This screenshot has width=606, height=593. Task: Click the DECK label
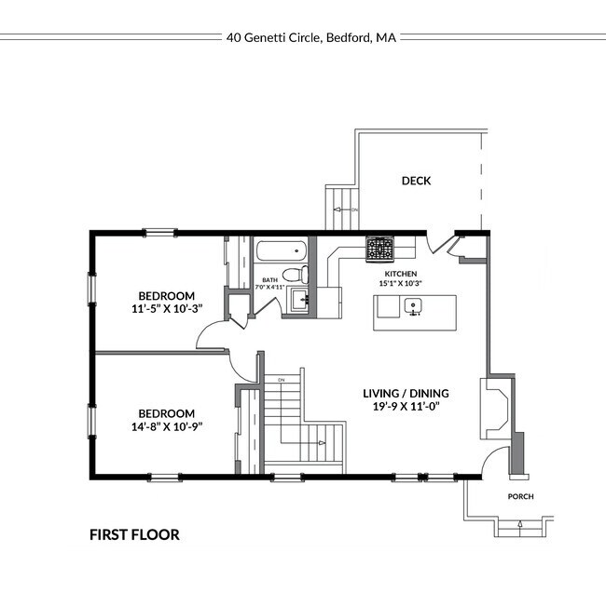416,181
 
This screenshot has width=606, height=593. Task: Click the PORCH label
520,497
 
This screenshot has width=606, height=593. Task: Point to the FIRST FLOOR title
134,534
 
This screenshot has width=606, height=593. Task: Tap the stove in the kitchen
379,248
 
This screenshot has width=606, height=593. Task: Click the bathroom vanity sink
298,299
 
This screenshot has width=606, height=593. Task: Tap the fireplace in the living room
495,408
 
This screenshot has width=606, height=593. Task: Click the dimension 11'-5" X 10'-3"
167,306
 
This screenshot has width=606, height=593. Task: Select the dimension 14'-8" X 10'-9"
167,426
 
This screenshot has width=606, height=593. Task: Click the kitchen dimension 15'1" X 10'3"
400,283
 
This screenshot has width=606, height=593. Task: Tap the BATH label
269,279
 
